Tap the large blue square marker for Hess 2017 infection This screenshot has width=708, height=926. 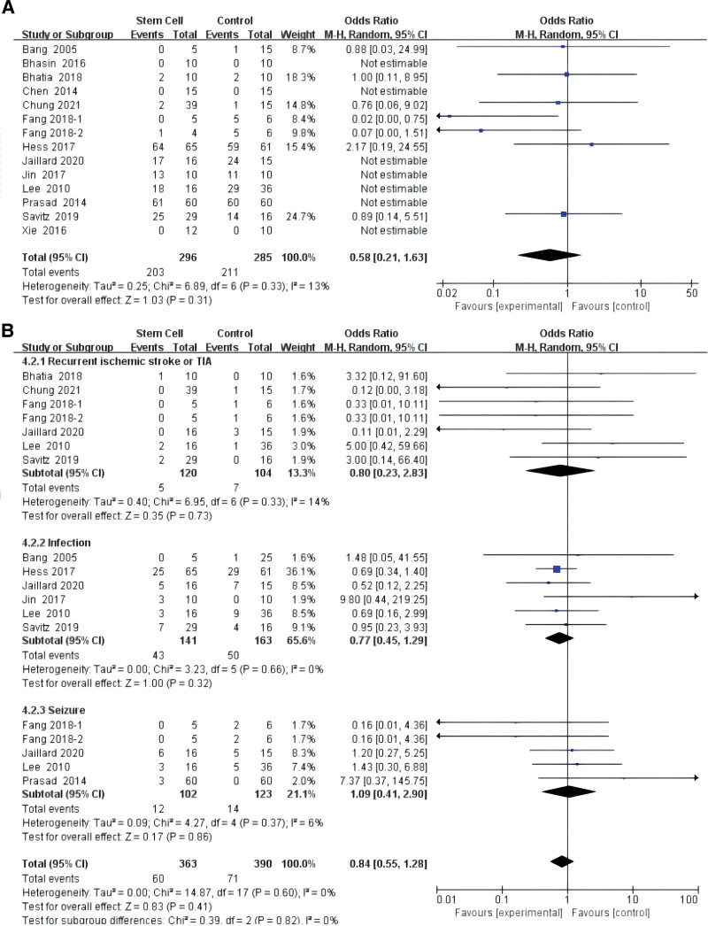click(557, 569)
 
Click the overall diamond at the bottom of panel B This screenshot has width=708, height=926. click(560, 860)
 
